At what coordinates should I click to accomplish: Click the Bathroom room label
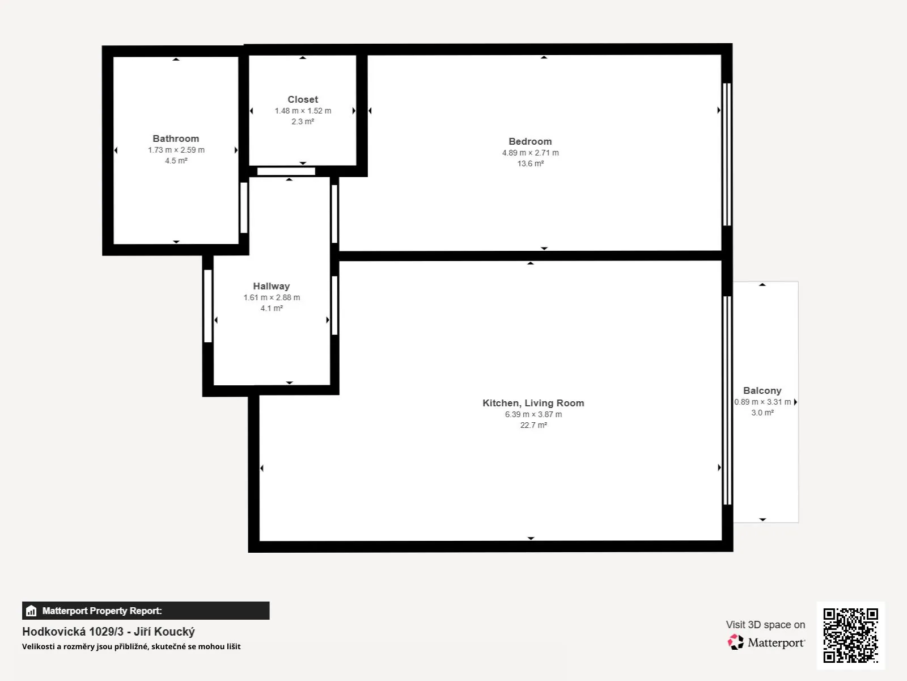point(176,138)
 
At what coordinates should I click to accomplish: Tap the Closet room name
point(303,99)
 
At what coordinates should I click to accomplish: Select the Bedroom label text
point(530,141)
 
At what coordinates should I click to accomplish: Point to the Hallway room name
point(272,286)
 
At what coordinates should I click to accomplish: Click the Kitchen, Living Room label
point(533,403)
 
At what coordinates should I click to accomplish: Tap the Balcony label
point(762,391)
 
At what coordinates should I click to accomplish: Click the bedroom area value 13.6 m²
point(531,164)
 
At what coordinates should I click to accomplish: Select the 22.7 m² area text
point(533,425)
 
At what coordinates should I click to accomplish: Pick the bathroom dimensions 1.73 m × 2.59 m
point(176,150)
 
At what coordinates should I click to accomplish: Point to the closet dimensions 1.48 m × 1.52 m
point(303,111)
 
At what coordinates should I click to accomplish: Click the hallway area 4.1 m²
point(272,309)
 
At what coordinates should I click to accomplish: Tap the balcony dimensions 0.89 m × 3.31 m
point(762,402)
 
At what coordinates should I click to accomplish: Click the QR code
point(850,636)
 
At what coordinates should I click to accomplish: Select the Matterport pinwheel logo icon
point(735,642)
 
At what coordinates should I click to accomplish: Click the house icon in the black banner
point(31,611)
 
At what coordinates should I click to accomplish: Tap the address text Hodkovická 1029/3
point(73,632)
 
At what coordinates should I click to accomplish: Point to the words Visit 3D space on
point(765,625)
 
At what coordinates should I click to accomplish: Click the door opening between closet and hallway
point(286,171)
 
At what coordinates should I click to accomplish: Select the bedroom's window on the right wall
point(727,154)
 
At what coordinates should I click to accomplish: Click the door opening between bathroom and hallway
point(244,208)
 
